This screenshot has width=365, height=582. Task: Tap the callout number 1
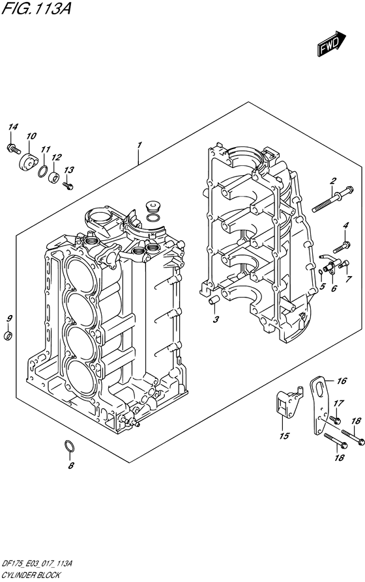coord(139,144)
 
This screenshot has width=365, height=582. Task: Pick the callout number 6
coord(333,288)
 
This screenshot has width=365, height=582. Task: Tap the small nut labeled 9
coord(8,335)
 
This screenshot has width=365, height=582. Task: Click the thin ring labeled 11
coord(42,171)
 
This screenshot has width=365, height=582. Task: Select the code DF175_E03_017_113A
coord(38,564)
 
